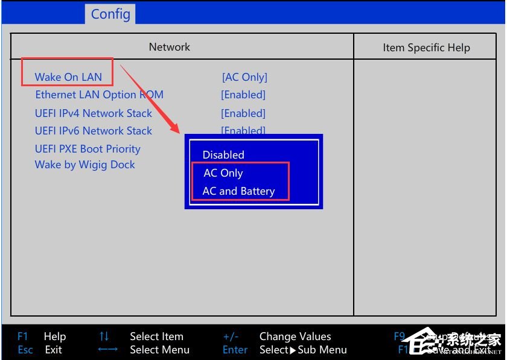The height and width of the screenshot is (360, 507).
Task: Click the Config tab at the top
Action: pyautogui.click(x=110, y=13)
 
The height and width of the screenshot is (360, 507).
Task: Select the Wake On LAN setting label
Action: pyautogui.click(x=68, y=77)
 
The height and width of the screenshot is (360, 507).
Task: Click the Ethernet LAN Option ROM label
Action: pyautogui.click(x=99, y=95)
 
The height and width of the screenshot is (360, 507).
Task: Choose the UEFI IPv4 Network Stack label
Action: pyautogui.click(x=94, y=113)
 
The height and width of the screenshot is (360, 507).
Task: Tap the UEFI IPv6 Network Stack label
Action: pyautogui.click(x=94, y=131)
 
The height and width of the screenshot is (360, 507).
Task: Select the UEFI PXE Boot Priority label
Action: pyautogui.click(x=88, y=149)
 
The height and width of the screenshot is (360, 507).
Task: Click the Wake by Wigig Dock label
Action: pyautogui.click(x=85, y=165)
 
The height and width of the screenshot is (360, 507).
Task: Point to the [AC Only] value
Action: pyautogui.click(x=244, y=77)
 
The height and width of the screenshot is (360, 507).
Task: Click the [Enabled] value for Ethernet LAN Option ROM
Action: pyautogui.click(x=243, y=95)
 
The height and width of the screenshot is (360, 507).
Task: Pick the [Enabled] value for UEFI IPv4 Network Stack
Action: pyautogui.click(x=243, y=113)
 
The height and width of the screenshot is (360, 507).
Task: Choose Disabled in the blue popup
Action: pyautogui.click(x=223, y=155)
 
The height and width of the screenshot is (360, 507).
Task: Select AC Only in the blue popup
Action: pyautogui.click(x=223, y=173)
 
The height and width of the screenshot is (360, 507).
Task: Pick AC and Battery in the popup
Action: pyautogui.click(x=238, y=191)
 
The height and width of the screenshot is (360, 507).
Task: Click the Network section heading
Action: pyautogui.click(x=170, y=47)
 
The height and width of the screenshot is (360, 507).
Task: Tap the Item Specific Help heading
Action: pyautogui.click(x=426, y=48)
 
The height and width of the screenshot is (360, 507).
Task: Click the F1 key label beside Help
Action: pyautogui.click(x=23, y=336)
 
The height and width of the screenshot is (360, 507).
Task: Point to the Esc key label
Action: pyautogui.click(x=25, y=350)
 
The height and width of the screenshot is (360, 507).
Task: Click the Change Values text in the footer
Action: pyautogui.click(x=295, y=336)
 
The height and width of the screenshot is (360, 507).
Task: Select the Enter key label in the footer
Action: pyautogui.click(x=235, y=350)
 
